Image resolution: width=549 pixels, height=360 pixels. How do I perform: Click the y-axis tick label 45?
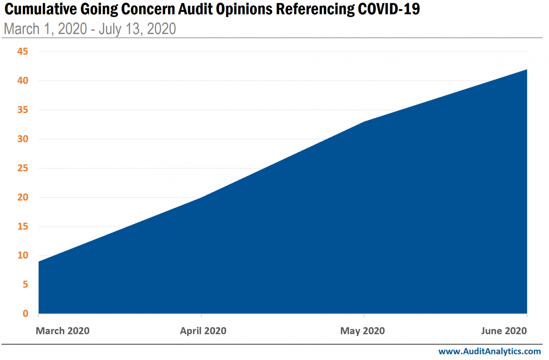(23, 51)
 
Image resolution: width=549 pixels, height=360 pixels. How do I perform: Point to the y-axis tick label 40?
(23, 80)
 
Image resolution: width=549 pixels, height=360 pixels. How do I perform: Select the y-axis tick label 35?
(23, 110)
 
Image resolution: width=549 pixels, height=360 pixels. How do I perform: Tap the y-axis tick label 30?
(23, 139)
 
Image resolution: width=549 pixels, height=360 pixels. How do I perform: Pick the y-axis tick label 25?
(23, 168)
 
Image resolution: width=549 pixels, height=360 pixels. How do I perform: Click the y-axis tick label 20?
(23, 197)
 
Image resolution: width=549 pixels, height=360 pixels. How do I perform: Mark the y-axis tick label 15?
(23, 226)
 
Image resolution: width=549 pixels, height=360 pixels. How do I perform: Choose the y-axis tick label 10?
(23, 255)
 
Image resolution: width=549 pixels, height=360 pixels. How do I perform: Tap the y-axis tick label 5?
(25, 285)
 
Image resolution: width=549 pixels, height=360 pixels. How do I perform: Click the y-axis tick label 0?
(25, 314)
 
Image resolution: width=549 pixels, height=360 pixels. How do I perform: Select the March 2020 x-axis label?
(63, 331)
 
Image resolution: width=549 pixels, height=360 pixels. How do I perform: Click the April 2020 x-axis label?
(203, 331)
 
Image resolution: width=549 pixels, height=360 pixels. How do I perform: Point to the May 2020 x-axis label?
(362, 331)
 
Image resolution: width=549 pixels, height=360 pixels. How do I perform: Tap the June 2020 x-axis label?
(504, 331)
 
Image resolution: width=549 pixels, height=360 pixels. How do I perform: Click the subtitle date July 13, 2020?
(137, 29)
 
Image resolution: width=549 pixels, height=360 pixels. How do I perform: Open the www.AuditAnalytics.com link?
(489, 351)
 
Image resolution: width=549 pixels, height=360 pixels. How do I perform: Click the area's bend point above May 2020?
(364, 122)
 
